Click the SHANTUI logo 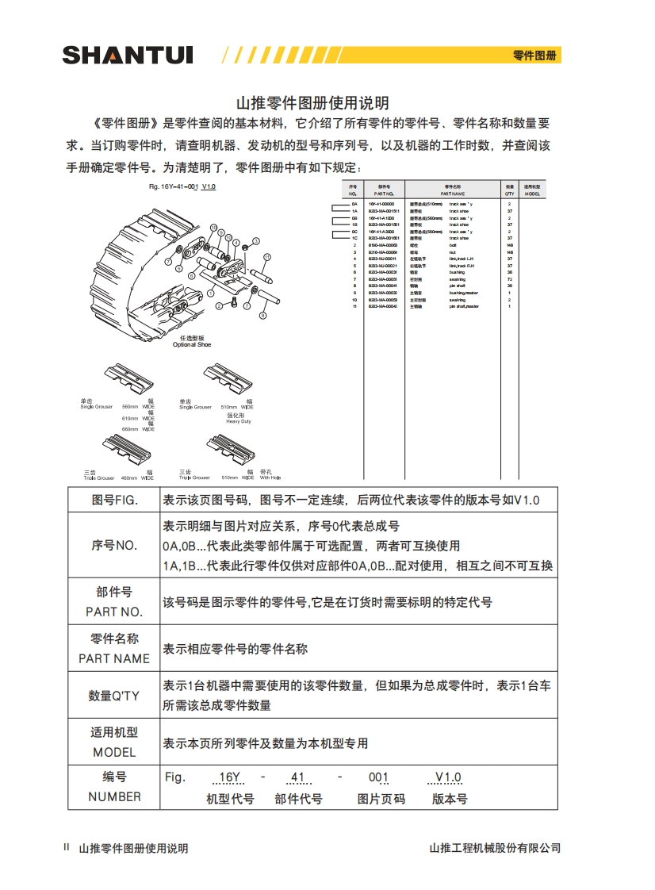click(x=127, y=55)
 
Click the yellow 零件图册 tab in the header click(x=534, y=56)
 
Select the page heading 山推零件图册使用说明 click(x=313, y=103)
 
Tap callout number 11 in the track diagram click(x=267, y=257)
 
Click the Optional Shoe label click(x=192, y=342)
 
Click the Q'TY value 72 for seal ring click(x=510, y=279)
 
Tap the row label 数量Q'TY click(x=113, y=696)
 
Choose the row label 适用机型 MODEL click(x=114, y=742)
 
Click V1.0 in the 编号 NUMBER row click(x=448, y=777)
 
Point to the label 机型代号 click(x=230, y=799)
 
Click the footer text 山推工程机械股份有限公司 click(x=494, y=848)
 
